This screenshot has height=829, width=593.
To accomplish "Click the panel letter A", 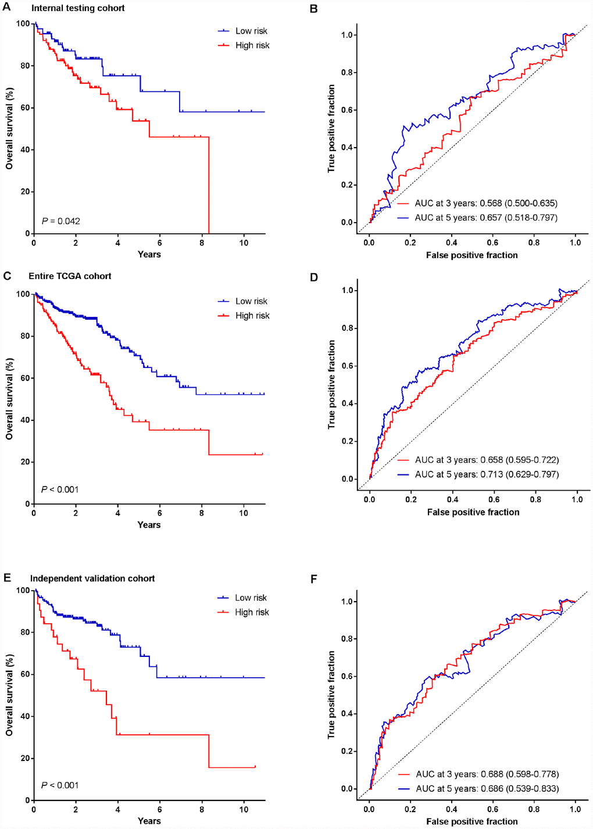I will point(6,8).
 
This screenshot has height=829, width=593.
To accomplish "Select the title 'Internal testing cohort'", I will point(78,8).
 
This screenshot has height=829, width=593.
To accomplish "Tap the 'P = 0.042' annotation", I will point(60,221).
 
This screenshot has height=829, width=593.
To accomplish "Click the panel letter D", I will point(314,277).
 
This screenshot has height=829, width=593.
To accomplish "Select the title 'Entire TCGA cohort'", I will point(70,276).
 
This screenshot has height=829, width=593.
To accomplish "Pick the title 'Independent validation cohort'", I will point(92,578).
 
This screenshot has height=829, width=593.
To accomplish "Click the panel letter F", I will point(314,579).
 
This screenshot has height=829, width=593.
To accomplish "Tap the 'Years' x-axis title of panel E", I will point(149,821).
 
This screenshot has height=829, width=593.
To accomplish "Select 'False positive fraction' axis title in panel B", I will point(471,255).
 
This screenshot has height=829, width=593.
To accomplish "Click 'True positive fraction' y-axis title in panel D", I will point(331,385).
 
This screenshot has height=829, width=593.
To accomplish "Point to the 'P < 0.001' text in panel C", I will point(60,489).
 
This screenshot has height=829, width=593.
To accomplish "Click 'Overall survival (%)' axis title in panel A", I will point(9,128).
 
